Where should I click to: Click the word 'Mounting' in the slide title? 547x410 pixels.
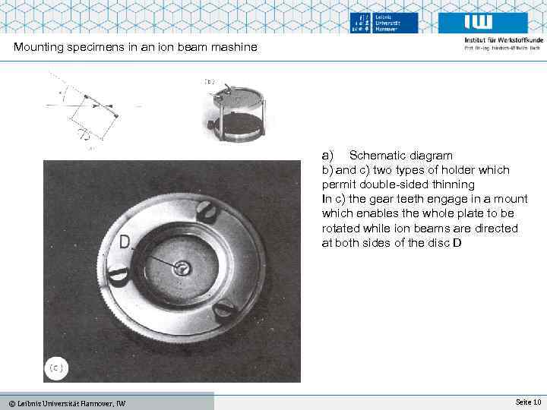39,48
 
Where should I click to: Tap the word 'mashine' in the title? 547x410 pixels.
235,48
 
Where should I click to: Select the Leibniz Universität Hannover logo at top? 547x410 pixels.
384,23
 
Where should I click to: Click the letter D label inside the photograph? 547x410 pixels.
125,243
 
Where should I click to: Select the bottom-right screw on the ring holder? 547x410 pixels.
223,309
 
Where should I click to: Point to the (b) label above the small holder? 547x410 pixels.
209,80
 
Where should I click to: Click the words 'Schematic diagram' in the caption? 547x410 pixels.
401,156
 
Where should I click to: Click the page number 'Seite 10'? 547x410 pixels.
527,401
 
